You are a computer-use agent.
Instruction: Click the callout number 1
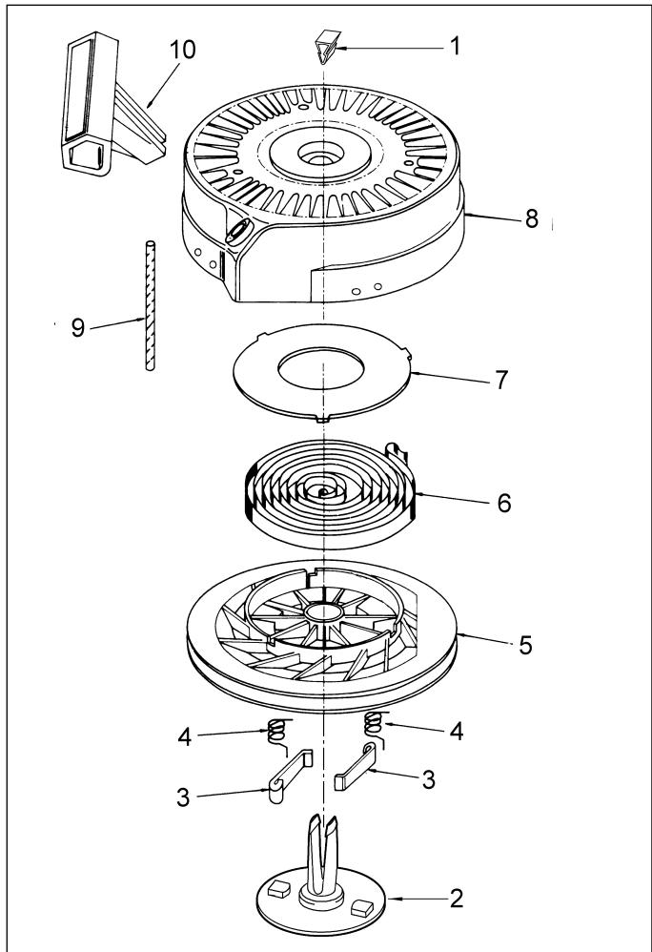coord(455,46)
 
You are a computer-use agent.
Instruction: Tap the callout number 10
coord(182,50)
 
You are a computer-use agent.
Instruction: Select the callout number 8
coord(531,218)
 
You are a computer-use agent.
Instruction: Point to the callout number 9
coord(77,328)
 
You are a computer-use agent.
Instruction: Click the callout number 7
coord(501,380)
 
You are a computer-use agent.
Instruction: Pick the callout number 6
coord(504,504)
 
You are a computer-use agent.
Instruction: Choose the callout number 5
coord(525,645)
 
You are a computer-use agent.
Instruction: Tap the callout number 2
coord(457,899)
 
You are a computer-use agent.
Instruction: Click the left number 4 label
coord(185,737)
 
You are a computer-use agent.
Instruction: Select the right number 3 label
coord(428,779)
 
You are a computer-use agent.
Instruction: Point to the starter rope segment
coord(150,305)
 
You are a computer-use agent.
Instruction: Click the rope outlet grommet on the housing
coord(239,231)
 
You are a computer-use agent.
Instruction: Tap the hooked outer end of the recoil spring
coord(397,453)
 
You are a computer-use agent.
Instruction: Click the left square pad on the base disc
coord(279,888)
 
